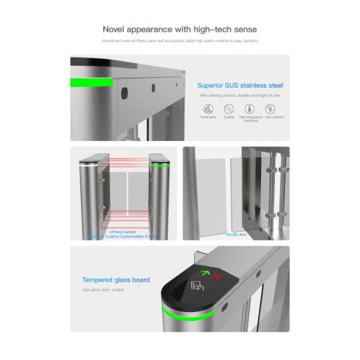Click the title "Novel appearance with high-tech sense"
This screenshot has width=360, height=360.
point(180,29)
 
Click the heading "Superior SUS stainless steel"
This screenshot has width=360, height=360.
point(240,85)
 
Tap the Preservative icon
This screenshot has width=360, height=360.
point(208,109)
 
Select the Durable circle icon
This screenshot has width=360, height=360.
point(229,109)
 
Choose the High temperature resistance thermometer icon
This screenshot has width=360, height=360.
point(250,109)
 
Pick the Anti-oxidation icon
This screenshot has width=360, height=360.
point(271,109)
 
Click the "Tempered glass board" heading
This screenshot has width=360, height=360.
point(116,280)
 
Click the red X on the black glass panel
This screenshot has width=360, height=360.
point(218,276)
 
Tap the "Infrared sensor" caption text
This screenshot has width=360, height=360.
point(122,231)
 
